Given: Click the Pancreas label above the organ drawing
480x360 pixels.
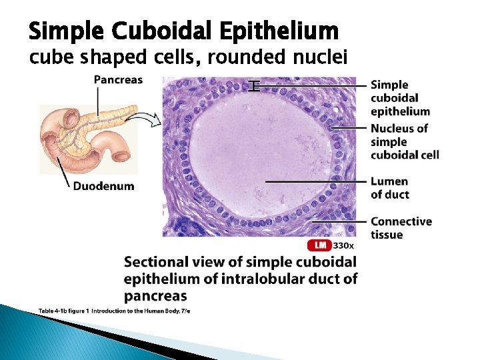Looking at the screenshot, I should (118, 80).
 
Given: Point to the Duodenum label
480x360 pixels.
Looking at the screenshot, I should (103, 186).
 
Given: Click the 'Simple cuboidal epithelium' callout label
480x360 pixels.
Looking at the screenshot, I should (400, 98).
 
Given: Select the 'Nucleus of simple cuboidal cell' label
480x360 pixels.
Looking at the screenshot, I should (405, 141).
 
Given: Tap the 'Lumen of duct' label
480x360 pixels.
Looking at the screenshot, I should (390, 187).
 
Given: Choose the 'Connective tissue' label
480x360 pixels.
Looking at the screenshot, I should (401, 227).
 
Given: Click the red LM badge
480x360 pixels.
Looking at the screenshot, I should (319, 245).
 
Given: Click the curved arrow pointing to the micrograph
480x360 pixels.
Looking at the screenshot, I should (146, 120).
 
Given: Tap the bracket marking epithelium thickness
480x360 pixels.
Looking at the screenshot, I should (253, 85).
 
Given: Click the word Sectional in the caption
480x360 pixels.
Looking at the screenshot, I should (156, 262).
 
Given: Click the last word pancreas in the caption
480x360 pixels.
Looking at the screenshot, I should (155, 295).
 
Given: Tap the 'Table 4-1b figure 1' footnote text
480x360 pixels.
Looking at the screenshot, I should (63, 311).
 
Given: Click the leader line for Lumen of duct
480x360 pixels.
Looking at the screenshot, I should (317, 181).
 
